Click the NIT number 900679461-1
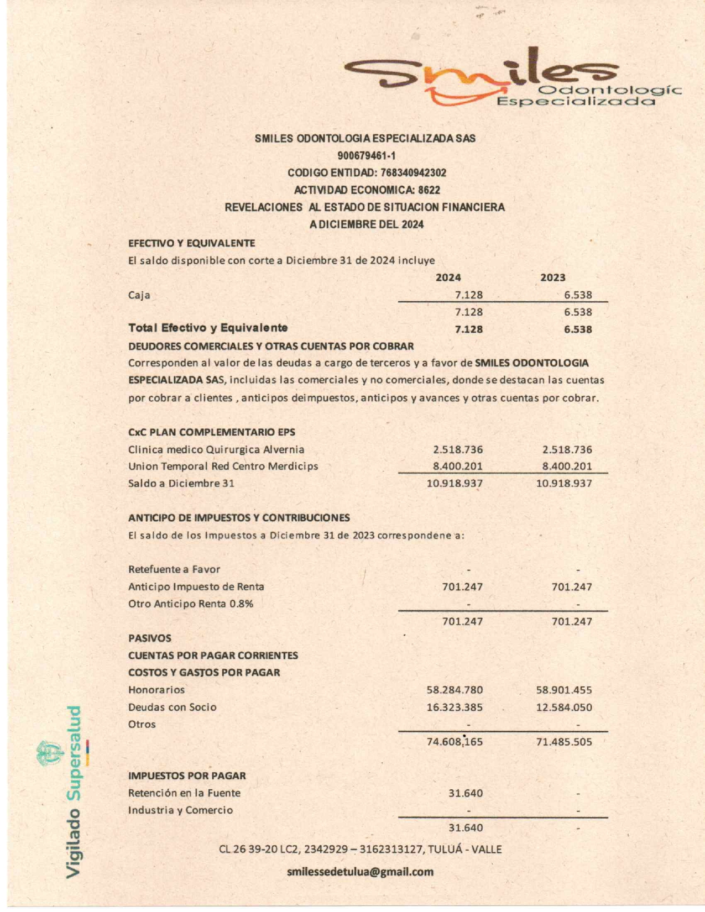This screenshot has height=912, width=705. click(366, 155)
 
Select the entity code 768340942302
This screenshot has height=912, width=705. click(413, 172)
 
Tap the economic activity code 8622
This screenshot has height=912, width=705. click(429, 190)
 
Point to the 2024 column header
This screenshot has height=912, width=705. click(448, 277)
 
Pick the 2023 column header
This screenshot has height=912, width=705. click(552, 277)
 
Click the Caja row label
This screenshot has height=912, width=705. click(139, 295)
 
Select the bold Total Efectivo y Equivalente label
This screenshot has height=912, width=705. click(208, 328)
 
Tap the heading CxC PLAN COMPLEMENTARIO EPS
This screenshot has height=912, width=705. click(211, 432)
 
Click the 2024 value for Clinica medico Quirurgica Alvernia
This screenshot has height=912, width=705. click(458, 449)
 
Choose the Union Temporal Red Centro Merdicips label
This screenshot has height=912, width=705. click(223, 466)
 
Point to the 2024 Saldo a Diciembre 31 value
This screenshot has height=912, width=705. click(455, 484)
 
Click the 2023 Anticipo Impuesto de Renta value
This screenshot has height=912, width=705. click(572, 586)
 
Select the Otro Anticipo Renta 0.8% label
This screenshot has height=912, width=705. click(191, 604)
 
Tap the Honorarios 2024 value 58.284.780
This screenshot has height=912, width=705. click(455, 690)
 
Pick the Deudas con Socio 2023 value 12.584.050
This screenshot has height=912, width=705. click(564, 707)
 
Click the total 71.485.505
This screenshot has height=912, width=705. click(564, 742)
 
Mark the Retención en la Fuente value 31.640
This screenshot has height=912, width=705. click(466, 793)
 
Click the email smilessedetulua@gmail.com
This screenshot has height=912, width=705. click(360, 872)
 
